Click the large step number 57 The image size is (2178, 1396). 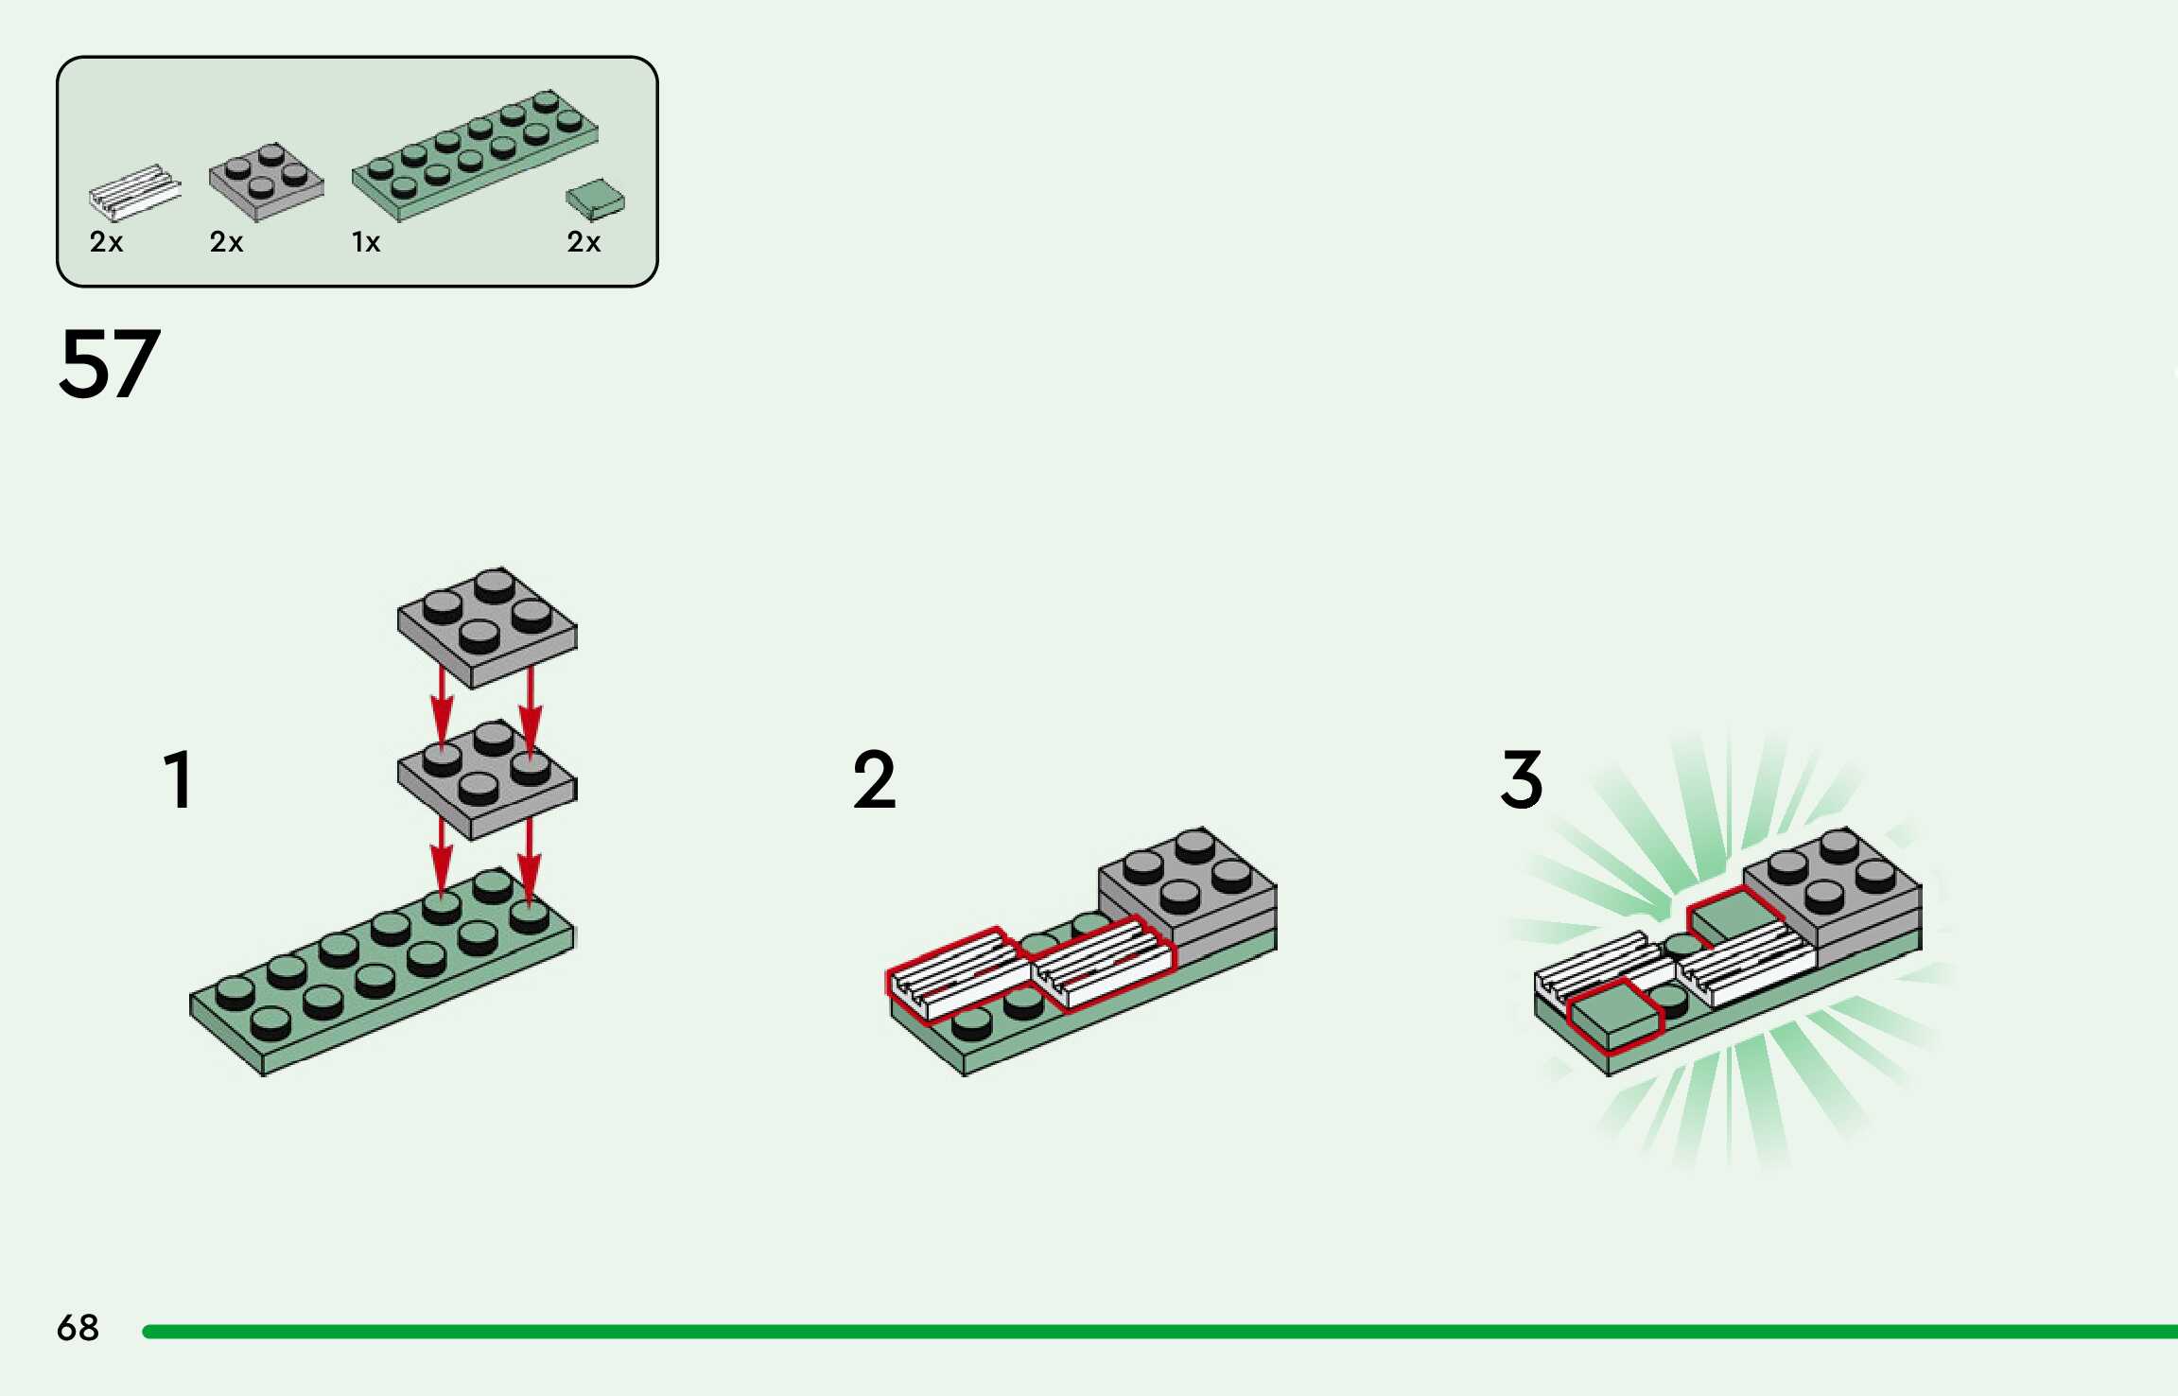109,364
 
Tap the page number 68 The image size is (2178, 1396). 78,1328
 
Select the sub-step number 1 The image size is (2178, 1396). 179,780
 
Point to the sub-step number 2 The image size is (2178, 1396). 874,780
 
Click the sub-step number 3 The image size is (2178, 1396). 1521,780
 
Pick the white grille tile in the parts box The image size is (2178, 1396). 134,193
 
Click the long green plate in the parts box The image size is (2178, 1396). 475,156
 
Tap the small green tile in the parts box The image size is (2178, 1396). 595,200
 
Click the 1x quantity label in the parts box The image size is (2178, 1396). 366,243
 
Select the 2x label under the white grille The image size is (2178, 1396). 106,243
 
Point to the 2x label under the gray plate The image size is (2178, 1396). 226,243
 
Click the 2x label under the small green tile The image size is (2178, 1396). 584,243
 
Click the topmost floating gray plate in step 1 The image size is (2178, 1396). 486,626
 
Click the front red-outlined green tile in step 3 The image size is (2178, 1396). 1614,1016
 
